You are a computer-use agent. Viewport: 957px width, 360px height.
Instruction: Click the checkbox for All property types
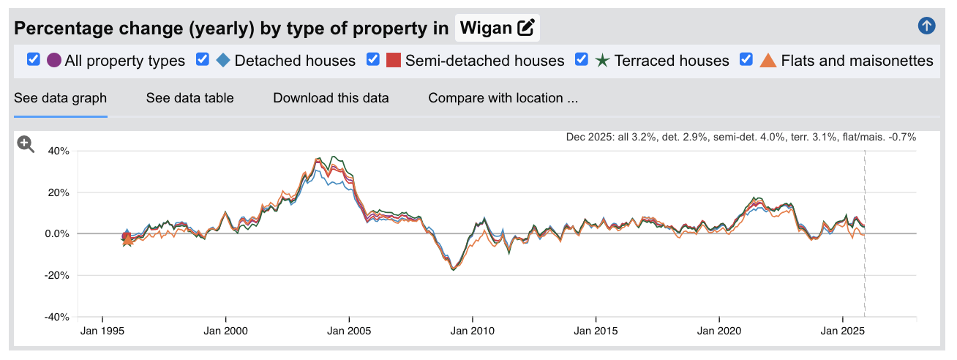click(x=33, y=60)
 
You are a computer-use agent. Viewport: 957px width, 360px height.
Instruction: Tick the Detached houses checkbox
click(x=203, y=60)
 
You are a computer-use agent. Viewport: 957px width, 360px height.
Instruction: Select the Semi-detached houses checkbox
click(x=373, y=60)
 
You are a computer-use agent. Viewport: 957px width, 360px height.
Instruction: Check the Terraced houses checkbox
click(x=582, y=60)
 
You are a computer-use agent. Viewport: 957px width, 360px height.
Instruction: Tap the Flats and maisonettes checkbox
click(x=747, y=60)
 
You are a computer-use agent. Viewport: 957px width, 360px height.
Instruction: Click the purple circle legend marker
click(x=54, y=60)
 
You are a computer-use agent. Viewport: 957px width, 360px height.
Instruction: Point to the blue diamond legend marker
click(x=224, y=60)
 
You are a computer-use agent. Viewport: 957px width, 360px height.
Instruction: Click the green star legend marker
click(x=603, y=60)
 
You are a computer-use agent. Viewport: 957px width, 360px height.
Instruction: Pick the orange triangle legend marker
click(x=768, y=60)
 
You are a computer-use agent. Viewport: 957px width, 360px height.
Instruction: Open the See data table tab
click(x=189, y=98)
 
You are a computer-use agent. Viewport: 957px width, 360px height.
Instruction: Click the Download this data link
click(x=331, y=98)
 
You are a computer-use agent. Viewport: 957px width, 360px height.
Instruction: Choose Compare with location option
click(x=503, y=98)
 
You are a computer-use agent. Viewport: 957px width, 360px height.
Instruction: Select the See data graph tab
click(x=61, y=98)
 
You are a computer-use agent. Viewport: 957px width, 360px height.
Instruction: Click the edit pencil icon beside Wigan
click(x=525, y=29)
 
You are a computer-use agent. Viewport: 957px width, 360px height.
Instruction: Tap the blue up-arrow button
click(x=926, y=26)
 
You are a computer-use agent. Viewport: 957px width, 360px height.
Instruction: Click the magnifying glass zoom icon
click(x=26, y=144)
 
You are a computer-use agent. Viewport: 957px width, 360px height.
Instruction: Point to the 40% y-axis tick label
click(x=59, y=151)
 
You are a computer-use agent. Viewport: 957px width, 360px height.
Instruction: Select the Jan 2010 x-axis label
click(x=473, y=331)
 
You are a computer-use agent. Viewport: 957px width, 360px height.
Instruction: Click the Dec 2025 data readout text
click(x=740, y=137)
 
